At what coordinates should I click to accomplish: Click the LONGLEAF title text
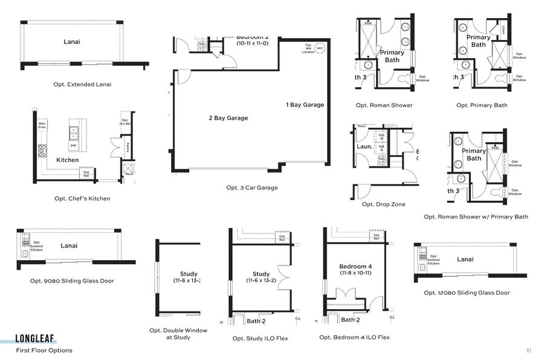(36, 340)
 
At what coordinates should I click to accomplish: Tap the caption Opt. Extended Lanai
(82, 85)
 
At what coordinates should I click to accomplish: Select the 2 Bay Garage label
(228, 118)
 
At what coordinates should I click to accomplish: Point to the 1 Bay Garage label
(305, 105)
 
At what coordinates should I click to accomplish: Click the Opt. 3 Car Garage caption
(252, 188)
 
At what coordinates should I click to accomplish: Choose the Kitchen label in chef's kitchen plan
(68, 160)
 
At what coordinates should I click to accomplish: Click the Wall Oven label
(42, 125)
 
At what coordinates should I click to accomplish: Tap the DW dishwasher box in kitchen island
(73, 145)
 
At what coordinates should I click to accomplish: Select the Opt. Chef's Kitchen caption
(82, 198)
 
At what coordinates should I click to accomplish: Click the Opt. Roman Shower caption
(384, 105)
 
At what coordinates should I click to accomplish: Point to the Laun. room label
(364, 146)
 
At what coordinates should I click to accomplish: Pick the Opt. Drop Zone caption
(384, 204)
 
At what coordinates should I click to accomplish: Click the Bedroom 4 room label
(355, 267)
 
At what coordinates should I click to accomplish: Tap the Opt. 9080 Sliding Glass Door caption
(72, 281)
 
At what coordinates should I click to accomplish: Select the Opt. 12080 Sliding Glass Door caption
(467, 293)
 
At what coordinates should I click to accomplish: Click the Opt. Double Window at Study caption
(178, 334)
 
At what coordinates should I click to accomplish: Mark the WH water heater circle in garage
(320, 48)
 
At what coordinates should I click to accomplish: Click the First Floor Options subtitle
(44, 350)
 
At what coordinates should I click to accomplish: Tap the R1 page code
(528, 350)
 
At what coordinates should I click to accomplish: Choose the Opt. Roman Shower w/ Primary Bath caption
(476, 217)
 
